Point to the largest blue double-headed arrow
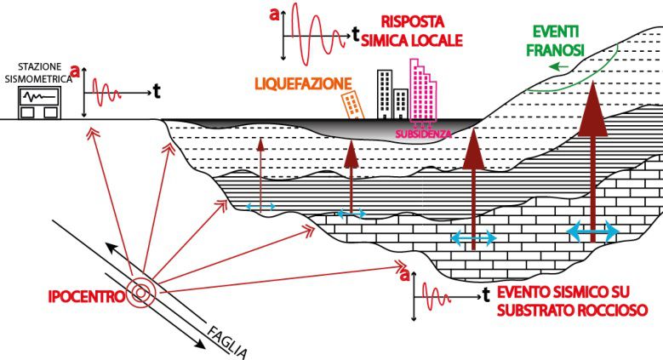coord(593,231)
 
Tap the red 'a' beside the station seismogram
coord(76,72)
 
